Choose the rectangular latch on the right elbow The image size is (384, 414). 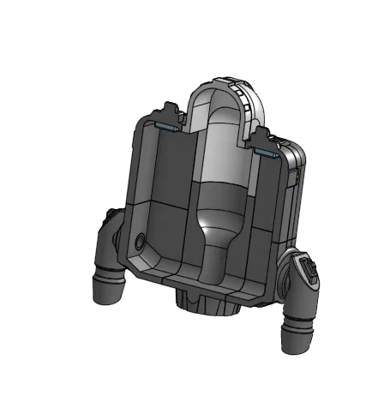pos(308,273)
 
